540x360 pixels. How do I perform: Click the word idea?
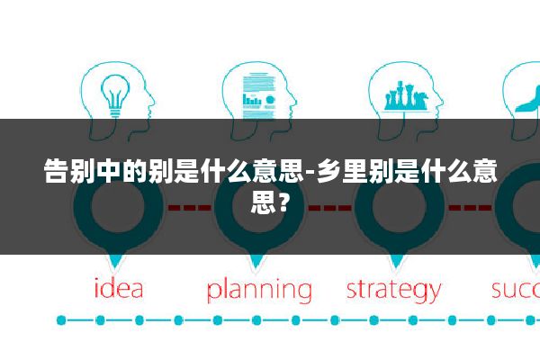(x=119, y=290)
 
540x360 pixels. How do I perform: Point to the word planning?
(x=259, y=291)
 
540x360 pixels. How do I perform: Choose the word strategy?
(x=393, y=291)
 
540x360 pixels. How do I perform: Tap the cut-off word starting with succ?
(x=515, y=290)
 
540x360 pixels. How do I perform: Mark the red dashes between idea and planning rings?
(x=189, y=208)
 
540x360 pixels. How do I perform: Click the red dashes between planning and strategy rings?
(x=328, y=208)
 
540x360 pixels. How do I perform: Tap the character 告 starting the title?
(x=56, y=171)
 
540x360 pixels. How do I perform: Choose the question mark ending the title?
(x=283, y=199)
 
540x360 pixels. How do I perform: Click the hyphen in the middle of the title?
(x=310, y=172)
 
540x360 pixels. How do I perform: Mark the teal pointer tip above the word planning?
(x=257, y=264)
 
